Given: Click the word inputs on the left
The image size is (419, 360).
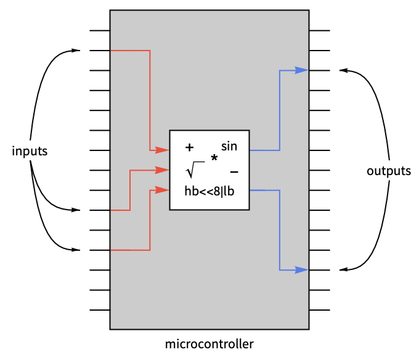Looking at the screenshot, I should tap(30, 151).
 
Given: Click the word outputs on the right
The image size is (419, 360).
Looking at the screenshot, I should tap(388, 171).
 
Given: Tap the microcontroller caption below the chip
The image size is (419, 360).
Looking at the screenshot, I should tap(209, 344).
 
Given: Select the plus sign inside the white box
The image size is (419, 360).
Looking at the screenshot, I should tap(189, 147).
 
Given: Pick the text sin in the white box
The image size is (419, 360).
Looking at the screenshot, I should tap(229, 146).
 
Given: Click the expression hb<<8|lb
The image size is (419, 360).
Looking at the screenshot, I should tap(209, 191).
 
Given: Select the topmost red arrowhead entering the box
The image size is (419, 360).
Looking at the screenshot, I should tap(163, 150).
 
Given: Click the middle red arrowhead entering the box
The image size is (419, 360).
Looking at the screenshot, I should tap(163, 170).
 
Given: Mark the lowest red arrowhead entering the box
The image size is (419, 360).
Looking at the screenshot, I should tap(163, 190).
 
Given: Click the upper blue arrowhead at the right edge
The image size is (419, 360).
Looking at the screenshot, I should tap(301, 70).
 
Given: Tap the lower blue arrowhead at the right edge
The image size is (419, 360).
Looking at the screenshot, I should tap(301, 270).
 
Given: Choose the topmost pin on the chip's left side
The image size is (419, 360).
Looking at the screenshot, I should tap(100, 30).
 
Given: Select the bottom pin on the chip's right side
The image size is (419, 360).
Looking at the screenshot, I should tap(319, 310).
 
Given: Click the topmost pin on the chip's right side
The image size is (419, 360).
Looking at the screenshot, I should tap(319, 30).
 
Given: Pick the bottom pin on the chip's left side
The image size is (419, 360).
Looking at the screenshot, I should tap(100, 310).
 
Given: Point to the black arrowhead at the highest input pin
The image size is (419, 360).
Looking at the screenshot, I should tap(76, 51).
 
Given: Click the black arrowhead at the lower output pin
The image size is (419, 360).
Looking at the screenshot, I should tap(343, 270).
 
